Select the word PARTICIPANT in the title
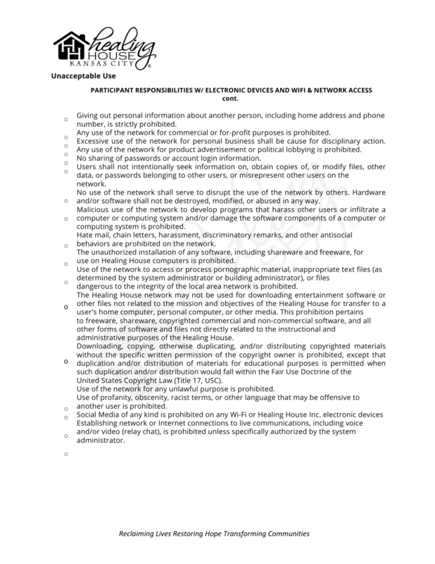113,91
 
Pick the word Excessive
93,140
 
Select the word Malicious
93,209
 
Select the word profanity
116,398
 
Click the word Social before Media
87,415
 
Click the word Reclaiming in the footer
139,534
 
